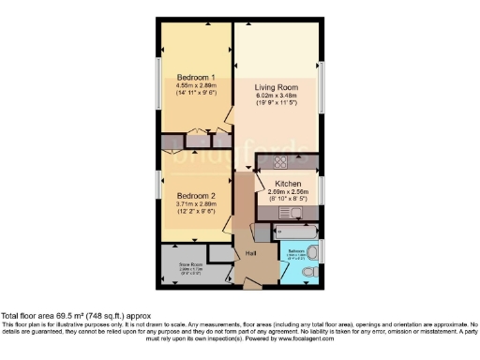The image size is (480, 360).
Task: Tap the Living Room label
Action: [277, 87]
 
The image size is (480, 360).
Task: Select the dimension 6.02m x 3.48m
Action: [277, 96]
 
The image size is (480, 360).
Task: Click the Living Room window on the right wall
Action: [323, 91]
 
